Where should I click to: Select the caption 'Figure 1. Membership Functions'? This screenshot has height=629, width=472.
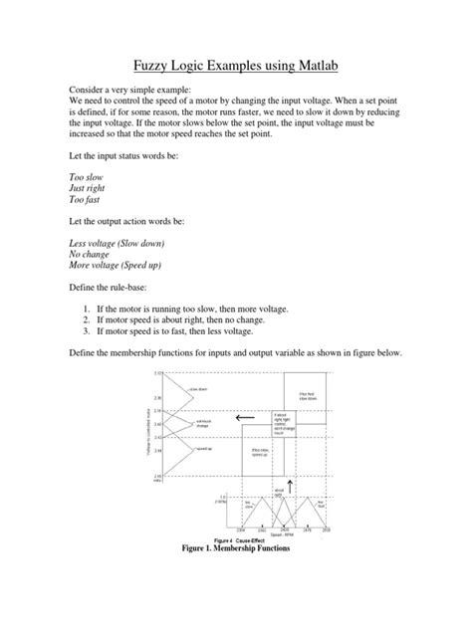236,548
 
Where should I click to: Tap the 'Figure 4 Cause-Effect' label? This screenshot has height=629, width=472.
239,540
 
